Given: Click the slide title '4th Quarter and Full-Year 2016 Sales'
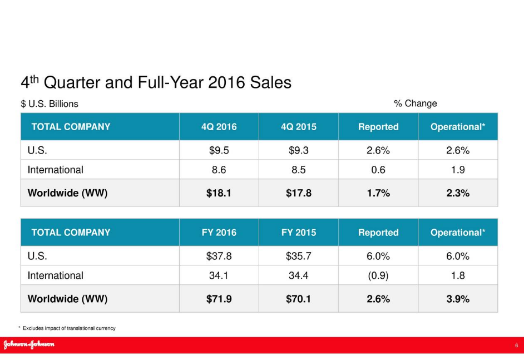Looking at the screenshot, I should [x=156, y=83].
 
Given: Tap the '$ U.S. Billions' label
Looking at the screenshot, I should [x=50, y=104].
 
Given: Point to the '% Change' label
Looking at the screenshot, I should [x=415, y=103].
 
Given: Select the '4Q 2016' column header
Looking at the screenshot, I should [x=219, y=127].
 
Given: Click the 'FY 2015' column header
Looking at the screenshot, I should [x=298, y=233].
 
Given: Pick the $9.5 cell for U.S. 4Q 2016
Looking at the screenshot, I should [x=219, y=150].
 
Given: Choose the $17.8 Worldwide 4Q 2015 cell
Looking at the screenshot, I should [x=298, y=194].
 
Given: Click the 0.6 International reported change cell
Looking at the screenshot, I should [x=378, y=170].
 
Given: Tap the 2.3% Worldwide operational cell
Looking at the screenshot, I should [x=458, y=194].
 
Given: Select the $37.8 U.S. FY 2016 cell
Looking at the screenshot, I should [x=219, y=256].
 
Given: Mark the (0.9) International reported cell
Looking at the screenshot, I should [x=378, y=275].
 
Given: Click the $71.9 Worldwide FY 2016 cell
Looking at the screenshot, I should [x=219, y=299].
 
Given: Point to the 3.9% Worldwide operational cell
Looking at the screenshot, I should [x=458, y=299].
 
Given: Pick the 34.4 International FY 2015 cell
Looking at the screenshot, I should [x=298, y=275].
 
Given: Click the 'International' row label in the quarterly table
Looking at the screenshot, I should [x=55, y=170].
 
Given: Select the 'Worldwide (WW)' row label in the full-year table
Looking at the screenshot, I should [x=67, y=299].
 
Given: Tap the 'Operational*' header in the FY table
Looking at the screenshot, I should [x=458, y=233].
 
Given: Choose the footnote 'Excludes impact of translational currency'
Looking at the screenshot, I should [x=69, y=328].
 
